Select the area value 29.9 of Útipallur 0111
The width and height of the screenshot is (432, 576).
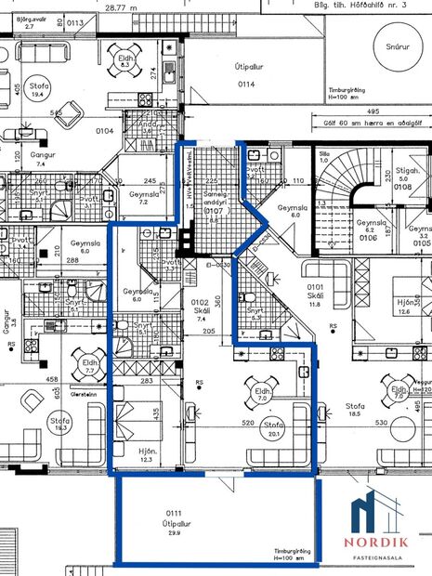click(x=175, y=522)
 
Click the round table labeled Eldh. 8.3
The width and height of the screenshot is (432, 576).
click(x=124, y=60)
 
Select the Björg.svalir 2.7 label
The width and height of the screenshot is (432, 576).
click(x=28, y=21)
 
